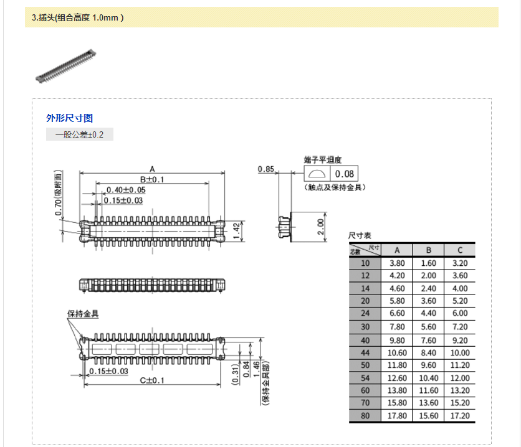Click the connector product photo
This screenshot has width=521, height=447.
[x=66, y=66]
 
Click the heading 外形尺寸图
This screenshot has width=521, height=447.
[x=69, y=118]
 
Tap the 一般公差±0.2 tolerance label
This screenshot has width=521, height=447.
[x=79, y=134]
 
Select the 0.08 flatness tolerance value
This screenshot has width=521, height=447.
[x=344, y=174]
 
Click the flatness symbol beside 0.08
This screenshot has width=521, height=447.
[x=317, y=174]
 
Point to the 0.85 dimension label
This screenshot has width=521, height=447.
[x=266, y=169]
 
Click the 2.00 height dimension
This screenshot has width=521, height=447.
[x=320, y=227]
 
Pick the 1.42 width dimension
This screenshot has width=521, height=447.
[x=236, y=231]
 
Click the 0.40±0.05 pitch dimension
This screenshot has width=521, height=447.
[x=126, y=190]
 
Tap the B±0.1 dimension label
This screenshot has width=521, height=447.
[x=152, y=179]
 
